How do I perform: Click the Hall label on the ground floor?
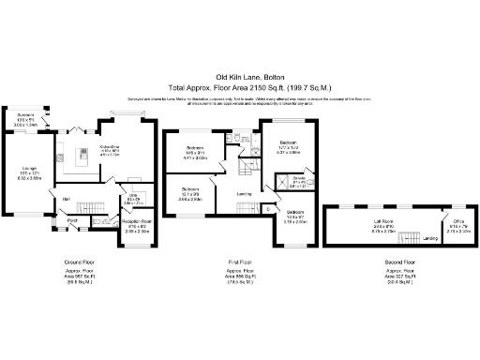point(67,199)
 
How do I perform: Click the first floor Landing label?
point(244,194)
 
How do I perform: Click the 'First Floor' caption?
point(241,262)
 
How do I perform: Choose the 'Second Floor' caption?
point(398,262)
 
